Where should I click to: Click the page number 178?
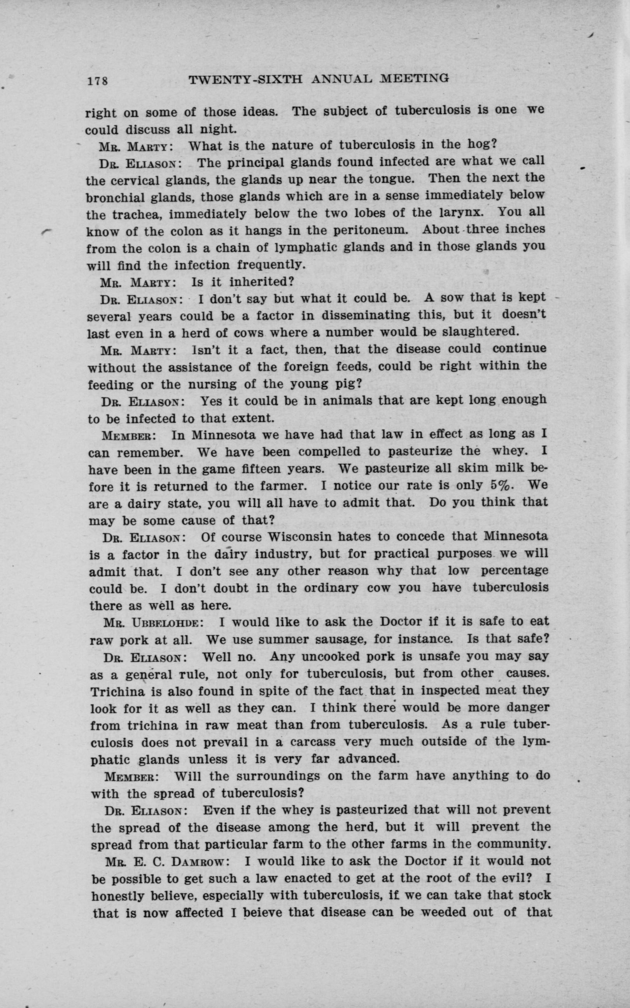click(98, 80)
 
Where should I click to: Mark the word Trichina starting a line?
click(117, 692)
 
